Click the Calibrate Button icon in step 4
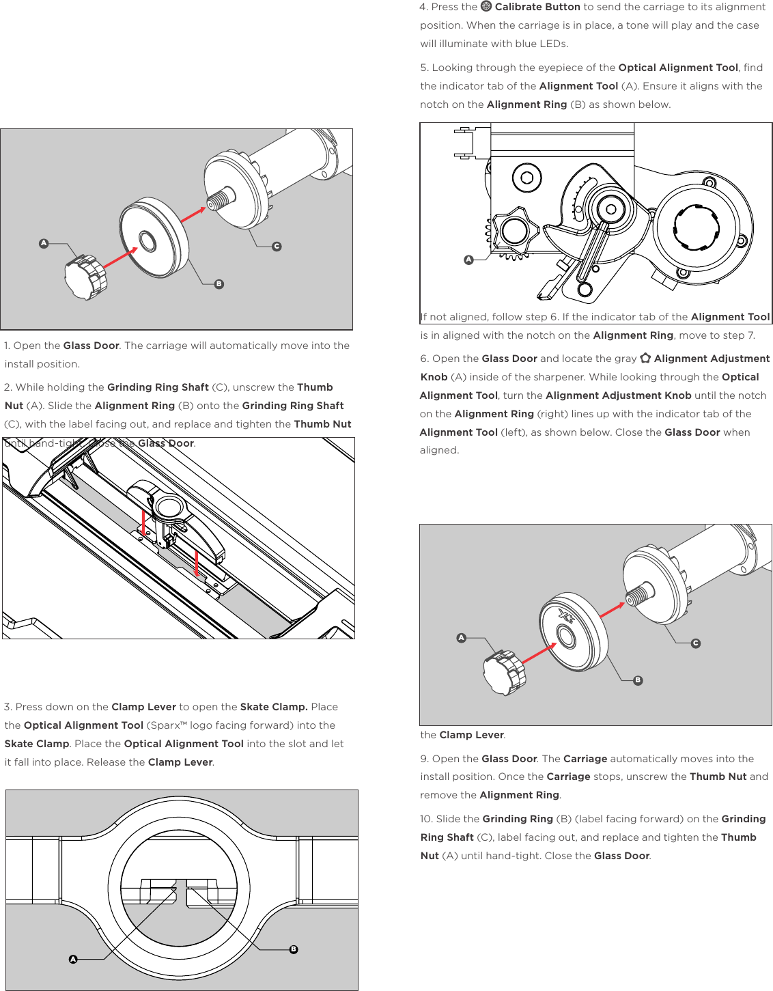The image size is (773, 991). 486,6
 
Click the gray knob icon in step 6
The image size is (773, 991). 645,358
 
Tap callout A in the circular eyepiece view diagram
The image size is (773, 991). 73,959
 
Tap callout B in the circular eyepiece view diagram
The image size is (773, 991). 294,949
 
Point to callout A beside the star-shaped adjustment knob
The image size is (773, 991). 468,260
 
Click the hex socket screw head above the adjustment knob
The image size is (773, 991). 526,178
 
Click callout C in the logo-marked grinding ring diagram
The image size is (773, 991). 695,643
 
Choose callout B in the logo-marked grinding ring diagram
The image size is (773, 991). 638,680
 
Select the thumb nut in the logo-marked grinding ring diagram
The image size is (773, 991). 504,672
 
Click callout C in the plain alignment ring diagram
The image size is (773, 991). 277,247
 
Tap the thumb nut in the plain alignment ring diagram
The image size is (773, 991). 85,277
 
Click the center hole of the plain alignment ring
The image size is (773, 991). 147,240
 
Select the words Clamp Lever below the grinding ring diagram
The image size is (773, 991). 471,735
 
